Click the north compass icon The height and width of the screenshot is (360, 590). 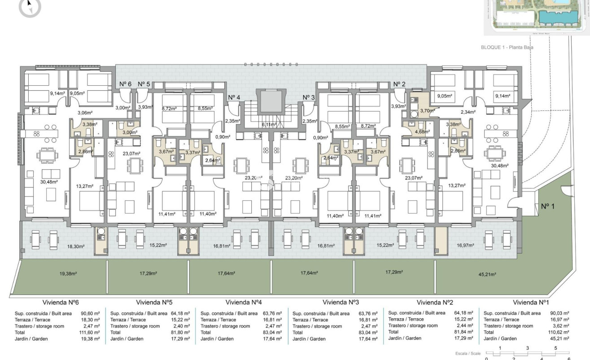30,7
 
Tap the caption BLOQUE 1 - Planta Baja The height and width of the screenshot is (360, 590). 507,47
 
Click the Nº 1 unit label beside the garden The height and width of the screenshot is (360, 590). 548,206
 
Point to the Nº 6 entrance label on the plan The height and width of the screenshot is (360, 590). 125,84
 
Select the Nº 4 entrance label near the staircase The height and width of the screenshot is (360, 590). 234,97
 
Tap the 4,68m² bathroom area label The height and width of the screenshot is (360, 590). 422,132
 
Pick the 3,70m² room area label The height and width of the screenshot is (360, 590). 427,110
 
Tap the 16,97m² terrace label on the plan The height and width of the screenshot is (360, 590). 465,246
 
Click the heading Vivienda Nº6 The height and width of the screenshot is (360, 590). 61,302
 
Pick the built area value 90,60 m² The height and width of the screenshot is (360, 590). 90,313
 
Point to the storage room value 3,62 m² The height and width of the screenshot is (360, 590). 561,326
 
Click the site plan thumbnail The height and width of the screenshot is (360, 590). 537,17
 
